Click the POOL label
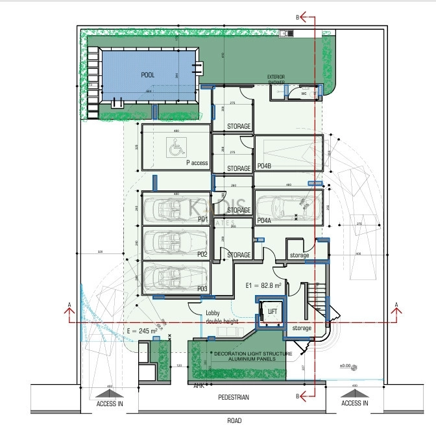pos(148,75)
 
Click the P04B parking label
pos(264,166)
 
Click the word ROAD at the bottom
pos(234,420)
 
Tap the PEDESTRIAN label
pos(233,397)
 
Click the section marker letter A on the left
pos(69,303)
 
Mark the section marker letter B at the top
pos(298,17)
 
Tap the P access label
pos(197,162)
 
